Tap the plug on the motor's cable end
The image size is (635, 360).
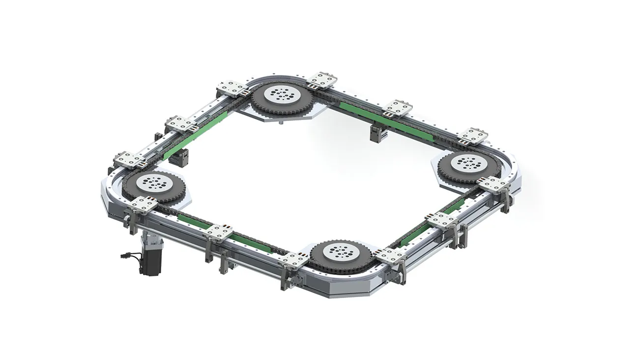click(x=123, y=256)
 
